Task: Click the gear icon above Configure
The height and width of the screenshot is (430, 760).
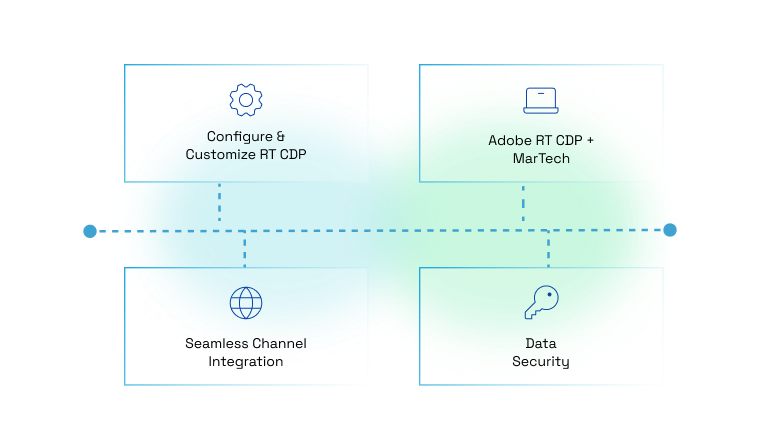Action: (x=245, y=100)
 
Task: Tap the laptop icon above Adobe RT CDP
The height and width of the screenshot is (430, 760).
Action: (x=541, y=100)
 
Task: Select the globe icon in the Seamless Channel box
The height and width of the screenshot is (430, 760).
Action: (x=245, y=302)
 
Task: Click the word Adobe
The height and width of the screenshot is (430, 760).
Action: (x=509, y=140)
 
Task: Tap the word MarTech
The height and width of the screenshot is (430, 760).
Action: (x=541, y=158)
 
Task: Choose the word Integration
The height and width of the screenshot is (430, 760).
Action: (x=245, y=361)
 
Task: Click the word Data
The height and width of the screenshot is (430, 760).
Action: (x=541, y=343)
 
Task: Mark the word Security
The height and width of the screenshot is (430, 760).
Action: (x=541, y=361)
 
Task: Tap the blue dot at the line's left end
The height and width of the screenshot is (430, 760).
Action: (x=90, y=231)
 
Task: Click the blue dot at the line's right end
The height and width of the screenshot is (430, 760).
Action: (x=670, y=230)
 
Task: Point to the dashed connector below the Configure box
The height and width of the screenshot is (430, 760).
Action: (x=220, y=206)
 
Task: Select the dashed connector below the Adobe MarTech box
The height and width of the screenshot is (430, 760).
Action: (x=523, y=206)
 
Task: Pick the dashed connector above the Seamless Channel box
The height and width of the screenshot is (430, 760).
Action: (x=245, y=250)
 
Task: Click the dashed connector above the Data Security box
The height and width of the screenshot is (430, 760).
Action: (x=548, y=249)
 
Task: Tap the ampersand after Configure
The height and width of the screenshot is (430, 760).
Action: (x=280, y=136)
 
